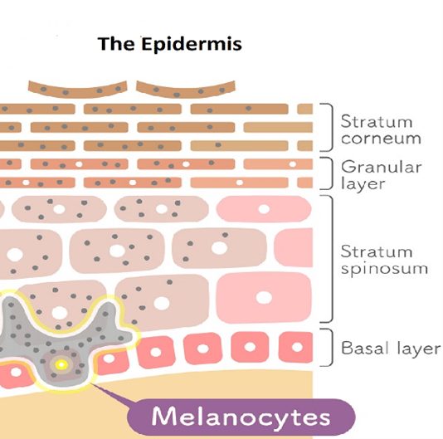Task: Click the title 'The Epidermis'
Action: coord(169,44)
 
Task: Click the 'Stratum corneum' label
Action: coord(381,129)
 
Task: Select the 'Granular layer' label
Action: coord(381,175)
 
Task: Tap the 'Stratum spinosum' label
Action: coord(384,260)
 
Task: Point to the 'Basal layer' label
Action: coord(391,348)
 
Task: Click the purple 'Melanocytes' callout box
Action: coord(241,417)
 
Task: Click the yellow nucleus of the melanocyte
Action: coord(61,364)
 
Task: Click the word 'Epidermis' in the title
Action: coord(192,44)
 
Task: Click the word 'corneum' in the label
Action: coord(381,139)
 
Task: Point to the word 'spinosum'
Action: coord(384,269)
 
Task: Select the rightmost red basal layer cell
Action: coord(296,347)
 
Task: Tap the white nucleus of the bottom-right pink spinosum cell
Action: coord(264,298)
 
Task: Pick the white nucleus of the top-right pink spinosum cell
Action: coord(264,209)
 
